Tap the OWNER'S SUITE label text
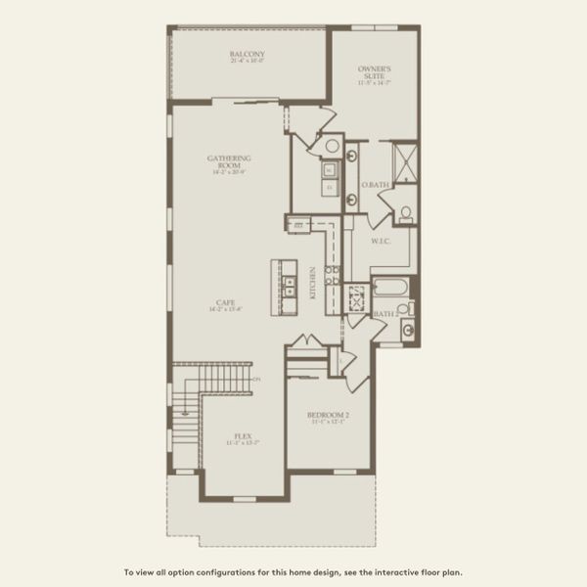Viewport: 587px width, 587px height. click(374, 70)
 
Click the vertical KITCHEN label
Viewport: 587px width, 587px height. click(312, 282)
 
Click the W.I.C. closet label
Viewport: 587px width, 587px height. click(381, 240)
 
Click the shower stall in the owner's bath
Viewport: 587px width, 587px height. click(403, 160)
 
